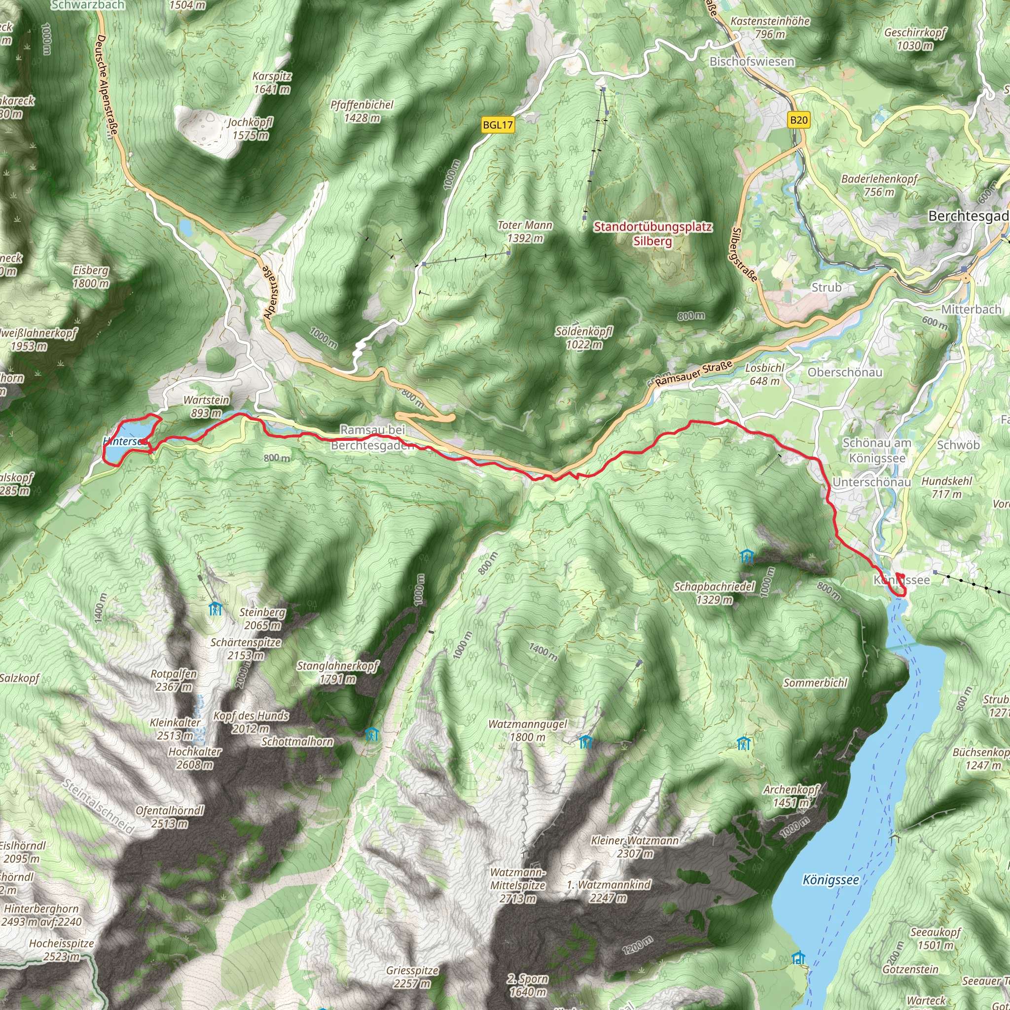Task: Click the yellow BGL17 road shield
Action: click(497, 125)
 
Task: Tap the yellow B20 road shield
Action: click(798, 120)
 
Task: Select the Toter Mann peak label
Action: click(524, 232)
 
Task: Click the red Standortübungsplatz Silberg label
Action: click(652, 234)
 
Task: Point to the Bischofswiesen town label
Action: click(751, 62)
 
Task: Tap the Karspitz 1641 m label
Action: click(271, 82)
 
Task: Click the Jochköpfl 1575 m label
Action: click(250, 129)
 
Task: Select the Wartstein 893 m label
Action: click(206, 406)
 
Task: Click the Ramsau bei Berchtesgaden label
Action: click(372, 437)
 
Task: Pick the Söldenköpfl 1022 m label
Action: click(583, 338)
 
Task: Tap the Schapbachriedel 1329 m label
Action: click(714, 593)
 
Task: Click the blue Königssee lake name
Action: click(830, 880)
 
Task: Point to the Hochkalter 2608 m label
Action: click(194, 758)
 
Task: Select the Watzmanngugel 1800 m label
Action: click(527, 730)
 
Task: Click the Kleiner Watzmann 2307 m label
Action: click(634, 847)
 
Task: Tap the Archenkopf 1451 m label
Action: click(791, 795)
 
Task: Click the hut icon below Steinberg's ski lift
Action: click(215, 609)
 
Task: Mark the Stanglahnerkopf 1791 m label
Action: click(338, 672)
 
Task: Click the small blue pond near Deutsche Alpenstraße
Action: click(185, 227)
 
